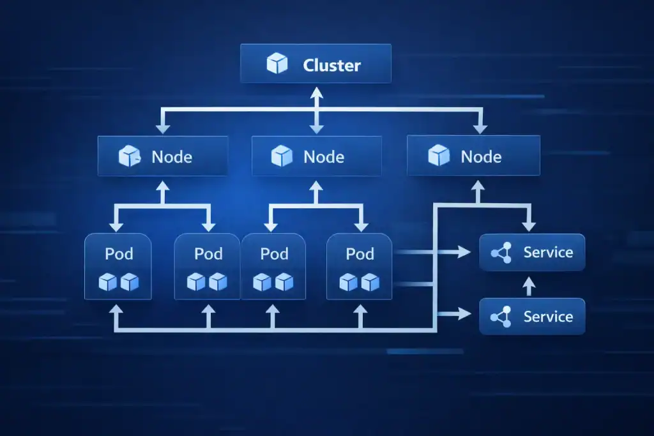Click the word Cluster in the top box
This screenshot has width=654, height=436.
(x=331, y=65)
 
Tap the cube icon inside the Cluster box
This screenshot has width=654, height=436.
(x=277, y=64)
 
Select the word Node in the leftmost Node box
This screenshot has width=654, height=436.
(x=172, y=156)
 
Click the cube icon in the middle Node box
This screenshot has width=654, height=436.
(x=282, y=156)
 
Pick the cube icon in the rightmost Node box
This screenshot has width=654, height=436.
(x=439, y=156)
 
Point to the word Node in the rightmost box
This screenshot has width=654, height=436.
(x=481, y=156)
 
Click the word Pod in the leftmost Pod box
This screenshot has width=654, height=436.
(x=119, y=253)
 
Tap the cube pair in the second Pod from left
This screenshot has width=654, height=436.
(x=208, y=282)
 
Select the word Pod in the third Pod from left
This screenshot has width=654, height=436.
(x=275, y=253)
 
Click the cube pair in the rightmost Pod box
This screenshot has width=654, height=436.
(x=360, y=282)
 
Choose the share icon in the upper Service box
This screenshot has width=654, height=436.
(x=501, y=253)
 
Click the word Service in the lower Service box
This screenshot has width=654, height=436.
(x=548, y=317)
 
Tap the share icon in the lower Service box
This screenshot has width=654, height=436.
(x=501, y=317)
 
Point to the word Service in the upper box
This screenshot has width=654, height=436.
(x=548, y=252)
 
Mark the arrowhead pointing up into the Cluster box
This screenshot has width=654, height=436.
(x=316, y=92)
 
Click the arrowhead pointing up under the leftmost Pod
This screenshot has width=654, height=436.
(x=116, y=310)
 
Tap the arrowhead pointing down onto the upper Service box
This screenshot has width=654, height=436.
(x=528, y=227)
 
